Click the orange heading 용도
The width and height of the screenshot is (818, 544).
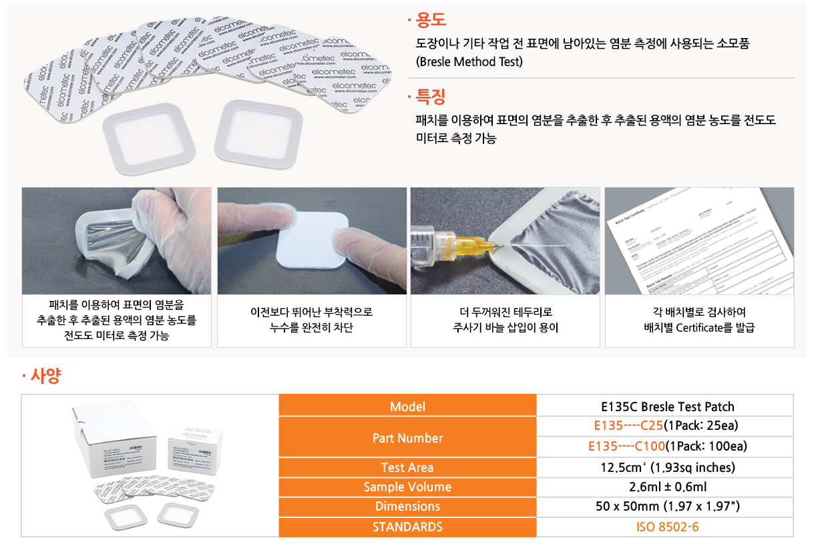430,21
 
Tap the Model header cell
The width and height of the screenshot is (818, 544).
407,406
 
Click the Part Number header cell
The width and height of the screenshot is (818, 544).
407,438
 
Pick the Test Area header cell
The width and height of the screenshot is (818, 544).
407,468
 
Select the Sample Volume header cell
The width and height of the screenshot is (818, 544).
407,487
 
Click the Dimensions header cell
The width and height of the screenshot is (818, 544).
407,507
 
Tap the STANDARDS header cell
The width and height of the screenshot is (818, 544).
407,527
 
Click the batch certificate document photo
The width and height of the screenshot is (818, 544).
699,241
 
